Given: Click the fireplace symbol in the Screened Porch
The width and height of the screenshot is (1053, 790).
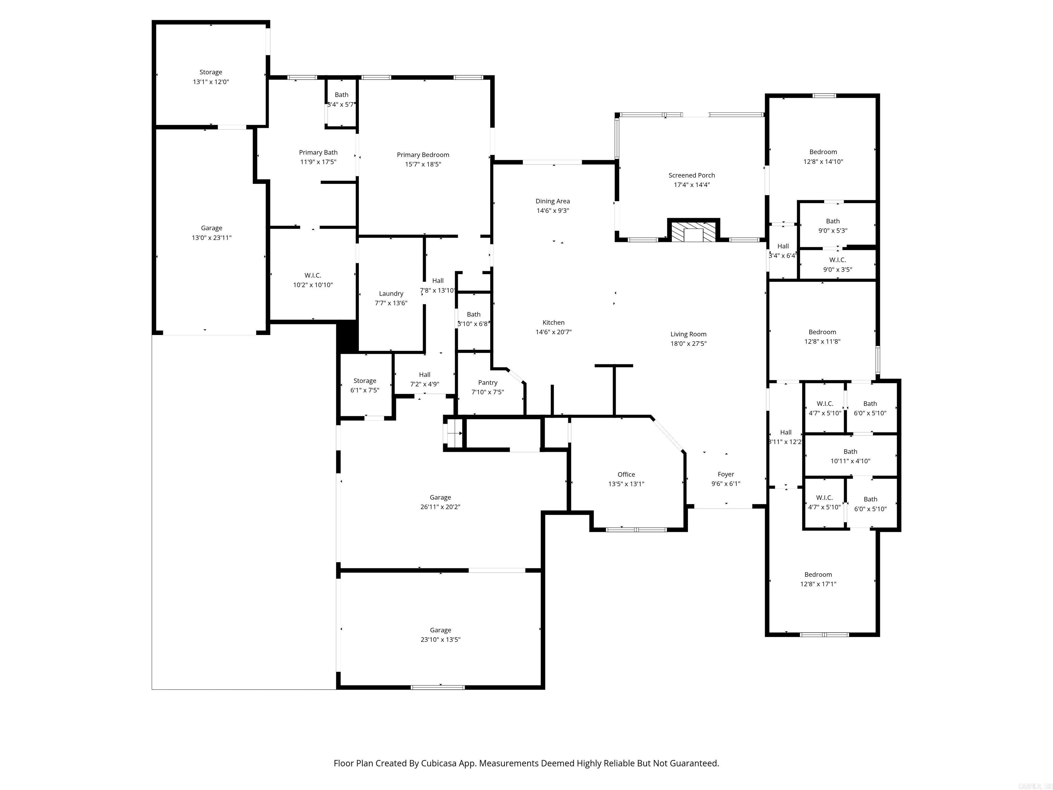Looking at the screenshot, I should point(693,232).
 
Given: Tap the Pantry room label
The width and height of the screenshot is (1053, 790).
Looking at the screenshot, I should point(487,382).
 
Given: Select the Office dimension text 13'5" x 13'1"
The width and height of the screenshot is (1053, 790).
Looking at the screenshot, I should point(626,484).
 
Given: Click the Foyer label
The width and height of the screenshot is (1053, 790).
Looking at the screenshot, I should point(726,474).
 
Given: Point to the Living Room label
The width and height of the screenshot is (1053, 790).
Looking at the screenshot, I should point(688,334).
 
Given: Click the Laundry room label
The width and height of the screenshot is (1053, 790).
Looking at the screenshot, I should point(391,293).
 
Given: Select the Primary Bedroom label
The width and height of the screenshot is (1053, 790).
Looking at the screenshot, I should point(423,154).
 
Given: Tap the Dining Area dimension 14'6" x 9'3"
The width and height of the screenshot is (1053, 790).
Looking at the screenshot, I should point(552,211).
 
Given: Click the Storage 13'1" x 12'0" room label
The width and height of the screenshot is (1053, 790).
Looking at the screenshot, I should point(210,72).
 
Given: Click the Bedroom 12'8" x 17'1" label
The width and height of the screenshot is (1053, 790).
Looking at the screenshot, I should point(818,574).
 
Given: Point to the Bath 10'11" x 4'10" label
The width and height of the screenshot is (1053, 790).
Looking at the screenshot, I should point(850,452).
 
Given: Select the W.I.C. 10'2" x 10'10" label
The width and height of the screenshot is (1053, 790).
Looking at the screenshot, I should point(313,275).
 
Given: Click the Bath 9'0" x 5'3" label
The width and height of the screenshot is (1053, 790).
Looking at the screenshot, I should point(833,221).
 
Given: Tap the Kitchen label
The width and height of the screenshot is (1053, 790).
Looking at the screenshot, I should point(553,322).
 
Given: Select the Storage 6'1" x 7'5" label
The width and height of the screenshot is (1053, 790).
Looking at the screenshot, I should point(365,381).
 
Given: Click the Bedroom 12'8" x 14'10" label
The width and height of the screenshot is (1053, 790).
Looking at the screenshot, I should point(823,152).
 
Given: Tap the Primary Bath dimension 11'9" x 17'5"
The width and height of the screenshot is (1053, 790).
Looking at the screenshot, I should point(318,162).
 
